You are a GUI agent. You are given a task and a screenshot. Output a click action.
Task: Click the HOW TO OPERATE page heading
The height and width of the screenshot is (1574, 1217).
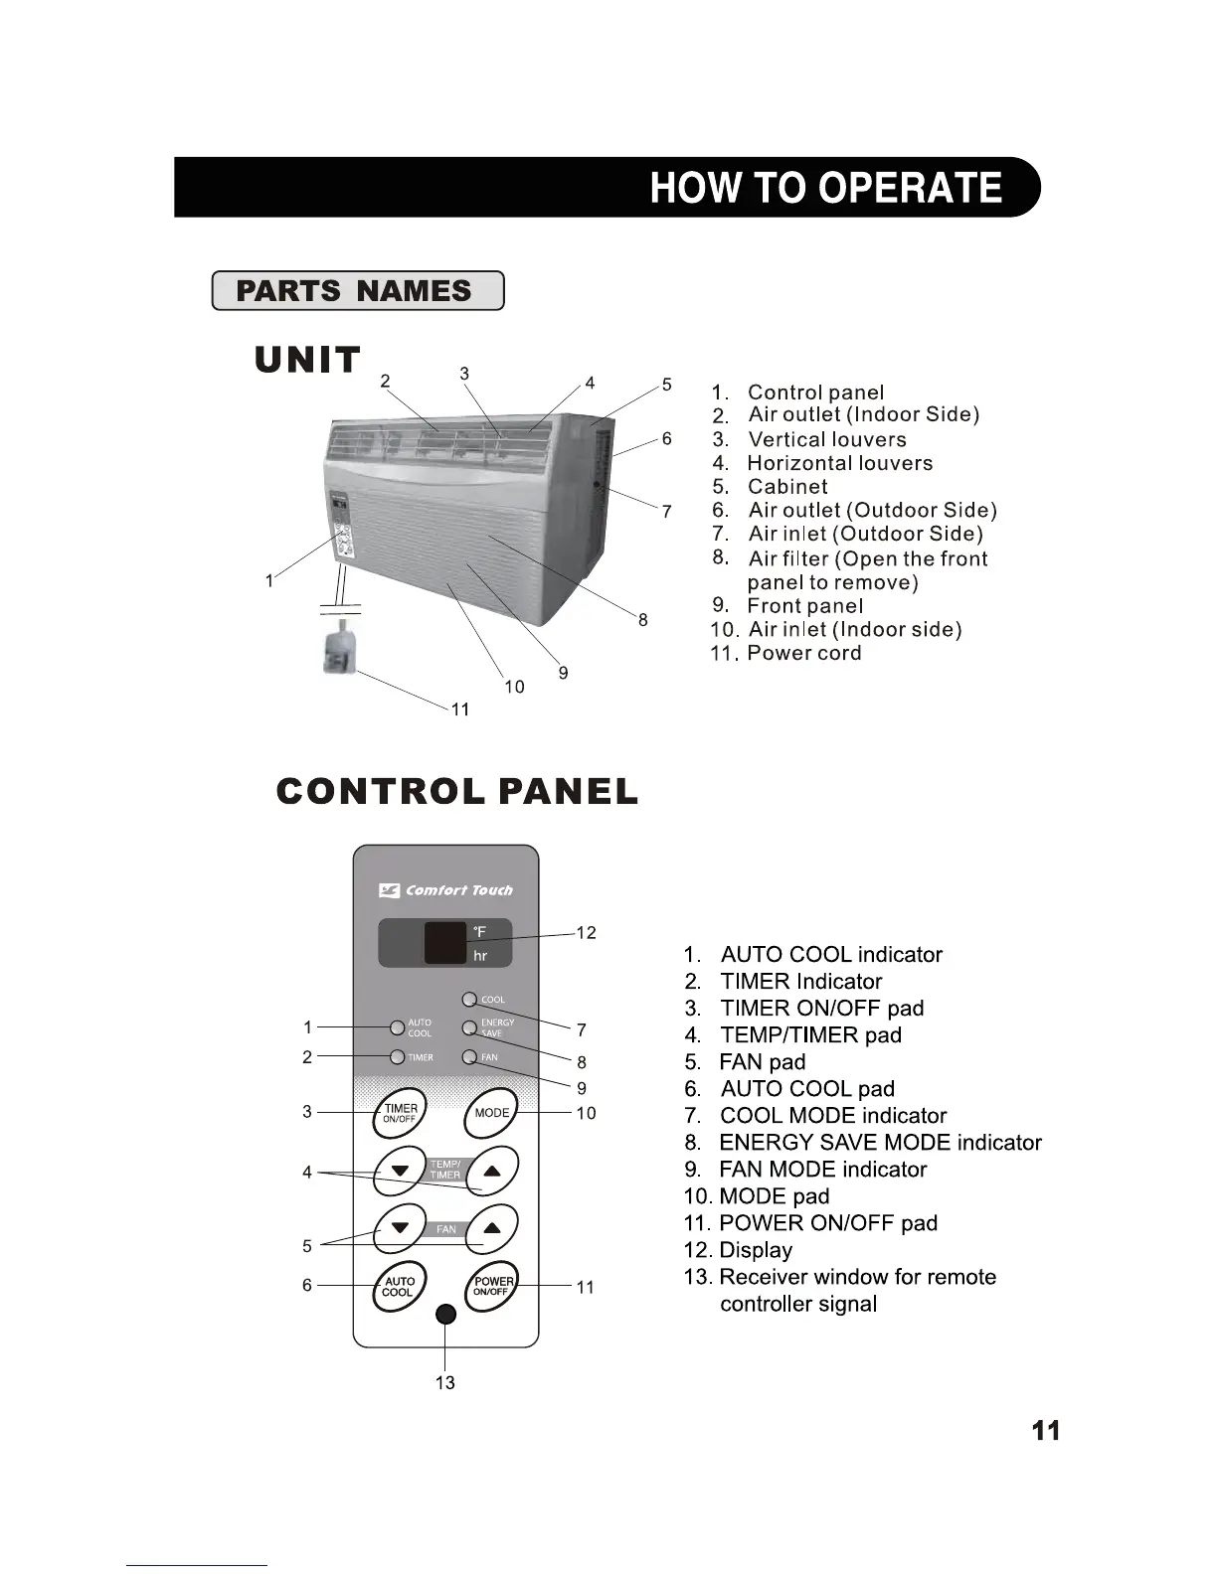point(825,188)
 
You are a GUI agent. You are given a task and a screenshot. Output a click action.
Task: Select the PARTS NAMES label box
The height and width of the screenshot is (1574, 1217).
point(357,291)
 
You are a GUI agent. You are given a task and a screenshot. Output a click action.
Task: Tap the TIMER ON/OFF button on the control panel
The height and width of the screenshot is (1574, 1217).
point(400,1113)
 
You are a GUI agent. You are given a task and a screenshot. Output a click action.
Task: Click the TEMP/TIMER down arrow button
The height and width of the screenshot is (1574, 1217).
point(400,1171)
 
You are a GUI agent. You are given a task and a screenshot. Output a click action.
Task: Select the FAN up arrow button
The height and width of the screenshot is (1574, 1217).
point(492,1228)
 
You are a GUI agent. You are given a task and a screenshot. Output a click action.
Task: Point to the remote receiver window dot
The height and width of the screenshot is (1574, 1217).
point(446,1314)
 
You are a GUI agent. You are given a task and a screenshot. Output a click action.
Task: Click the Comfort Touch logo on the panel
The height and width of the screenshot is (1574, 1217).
point(446,890)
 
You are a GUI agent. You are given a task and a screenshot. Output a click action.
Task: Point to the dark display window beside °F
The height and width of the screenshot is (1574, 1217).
point(444,943)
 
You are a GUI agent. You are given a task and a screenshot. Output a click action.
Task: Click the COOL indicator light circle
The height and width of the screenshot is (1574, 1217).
point(469,999)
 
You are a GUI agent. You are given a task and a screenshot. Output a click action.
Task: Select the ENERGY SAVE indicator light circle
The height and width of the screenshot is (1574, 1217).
point(469,1027)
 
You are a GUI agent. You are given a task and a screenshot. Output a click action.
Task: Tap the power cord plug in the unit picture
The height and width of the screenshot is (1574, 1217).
point(339,649)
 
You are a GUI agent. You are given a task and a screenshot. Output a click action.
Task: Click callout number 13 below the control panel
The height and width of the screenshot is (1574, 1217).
point(445,1383)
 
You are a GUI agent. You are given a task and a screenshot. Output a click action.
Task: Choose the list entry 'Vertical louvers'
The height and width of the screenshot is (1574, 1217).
point(826,439)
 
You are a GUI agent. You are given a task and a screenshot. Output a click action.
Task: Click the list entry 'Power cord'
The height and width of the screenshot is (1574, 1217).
point(803,654)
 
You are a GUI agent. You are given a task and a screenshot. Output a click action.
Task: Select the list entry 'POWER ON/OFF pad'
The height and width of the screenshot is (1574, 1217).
point(827,1223)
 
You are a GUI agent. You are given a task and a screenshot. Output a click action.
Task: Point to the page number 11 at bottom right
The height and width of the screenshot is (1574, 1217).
point(1046,1431)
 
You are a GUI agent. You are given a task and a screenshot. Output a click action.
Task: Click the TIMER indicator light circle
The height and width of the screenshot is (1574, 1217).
point(398,1057)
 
